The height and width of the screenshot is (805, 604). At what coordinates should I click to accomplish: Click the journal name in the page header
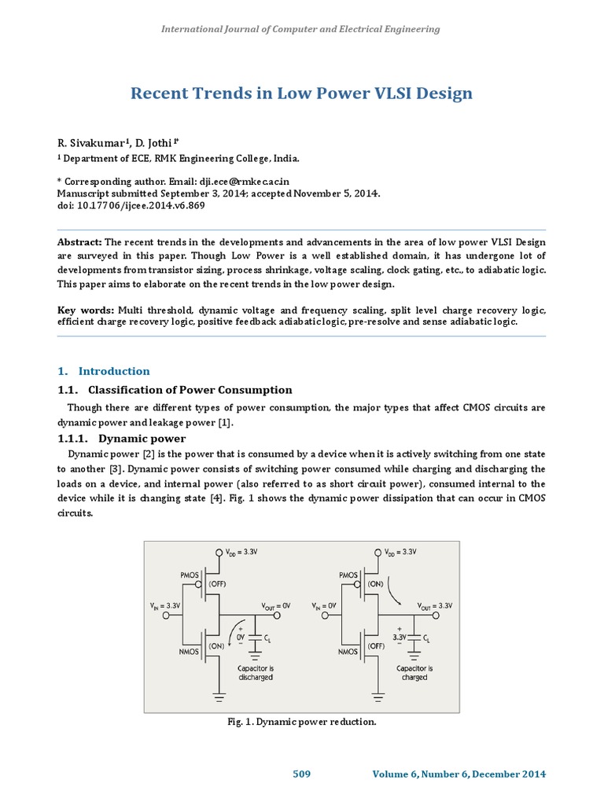coord(300,29)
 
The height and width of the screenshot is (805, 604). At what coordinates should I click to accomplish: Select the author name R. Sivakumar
coord(87,142)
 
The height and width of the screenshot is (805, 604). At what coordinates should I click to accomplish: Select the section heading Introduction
coord(114,371)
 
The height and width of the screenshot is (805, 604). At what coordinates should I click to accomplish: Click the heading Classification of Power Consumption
coord(190,390)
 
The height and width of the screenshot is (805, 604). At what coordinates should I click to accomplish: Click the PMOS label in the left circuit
coord(194,575)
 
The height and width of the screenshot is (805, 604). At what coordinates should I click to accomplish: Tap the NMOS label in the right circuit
coord(349,652)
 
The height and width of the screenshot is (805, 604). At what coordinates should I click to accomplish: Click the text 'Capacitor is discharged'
coord(256,672)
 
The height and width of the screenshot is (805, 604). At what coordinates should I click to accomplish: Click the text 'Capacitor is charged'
coord(414,672)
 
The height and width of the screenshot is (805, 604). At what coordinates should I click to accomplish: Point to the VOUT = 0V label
coord(277,605)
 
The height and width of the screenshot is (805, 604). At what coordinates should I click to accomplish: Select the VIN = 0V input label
coord(327,605)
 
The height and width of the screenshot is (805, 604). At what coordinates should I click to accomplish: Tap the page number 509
coord(302,774)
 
